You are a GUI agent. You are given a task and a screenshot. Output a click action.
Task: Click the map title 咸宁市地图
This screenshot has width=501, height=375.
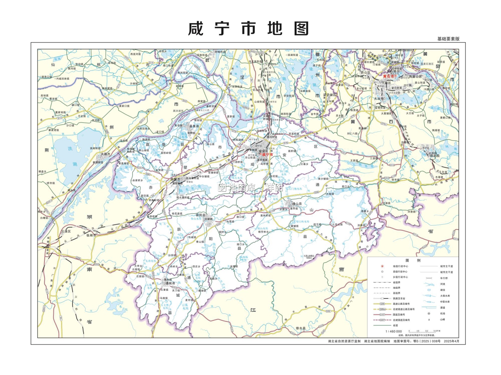(248, 29)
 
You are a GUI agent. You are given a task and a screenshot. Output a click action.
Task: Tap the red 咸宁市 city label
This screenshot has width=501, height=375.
(267, 155)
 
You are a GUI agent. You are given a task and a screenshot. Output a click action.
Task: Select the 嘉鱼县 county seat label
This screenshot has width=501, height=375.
(194, 126)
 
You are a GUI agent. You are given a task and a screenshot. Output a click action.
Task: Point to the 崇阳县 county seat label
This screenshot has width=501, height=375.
(201, 215)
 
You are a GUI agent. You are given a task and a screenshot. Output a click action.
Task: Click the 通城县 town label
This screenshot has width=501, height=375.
(170, 283)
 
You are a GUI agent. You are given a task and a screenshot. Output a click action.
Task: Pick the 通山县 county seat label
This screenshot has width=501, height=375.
(297, 204)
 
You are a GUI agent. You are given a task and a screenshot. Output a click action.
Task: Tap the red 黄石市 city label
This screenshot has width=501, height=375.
(388, 76)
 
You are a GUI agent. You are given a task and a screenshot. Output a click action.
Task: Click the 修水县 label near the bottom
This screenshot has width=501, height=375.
(301, 328)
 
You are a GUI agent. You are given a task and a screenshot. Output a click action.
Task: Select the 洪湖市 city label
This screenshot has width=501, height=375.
(105, 154)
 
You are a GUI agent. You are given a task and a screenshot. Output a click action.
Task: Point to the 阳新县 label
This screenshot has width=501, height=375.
(434, 156)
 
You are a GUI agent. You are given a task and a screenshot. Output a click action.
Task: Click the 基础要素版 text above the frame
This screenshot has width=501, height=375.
(448, 39)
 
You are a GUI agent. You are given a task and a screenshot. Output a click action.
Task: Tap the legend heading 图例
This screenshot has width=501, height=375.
(413, 260)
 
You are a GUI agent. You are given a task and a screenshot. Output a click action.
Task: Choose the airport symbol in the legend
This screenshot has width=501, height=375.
(429, 314)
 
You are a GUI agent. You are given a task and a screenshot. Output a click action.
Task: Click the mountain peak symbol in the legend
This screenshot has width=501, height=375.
(429, 319)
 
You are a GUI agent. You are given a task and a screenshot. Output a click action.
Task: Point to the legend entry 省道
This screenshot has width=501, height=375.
(395, 325)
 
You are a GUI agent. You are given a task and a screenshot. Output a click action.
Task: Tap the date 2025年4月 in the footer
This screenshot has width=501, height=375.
(452, 341)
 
